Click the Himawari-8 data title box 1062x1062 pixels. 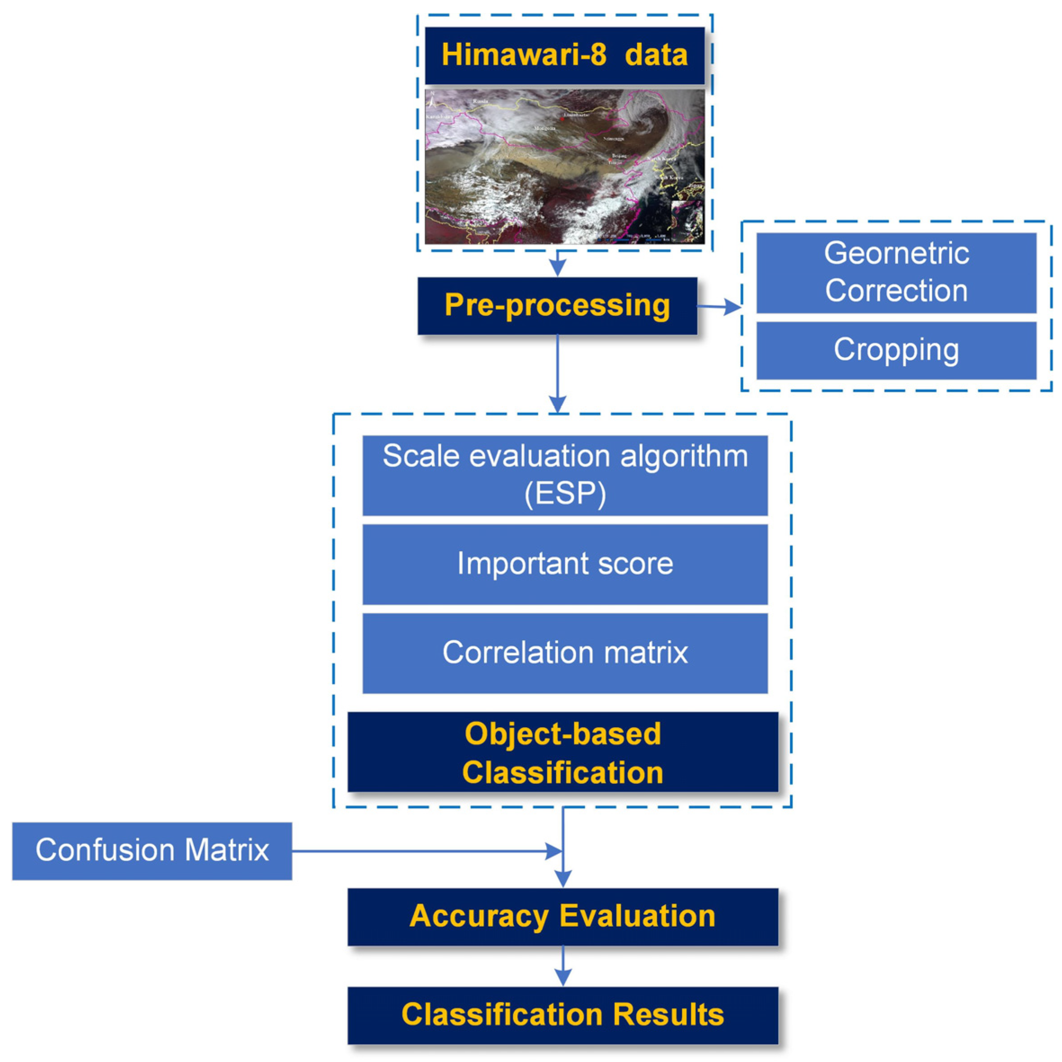pos(565,55)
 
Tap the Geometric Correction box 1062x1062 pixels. pos(896,273)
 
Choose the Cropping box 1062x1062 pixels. pos(896,350)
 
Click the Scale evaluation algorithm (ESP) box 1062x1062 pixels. pos(565,475)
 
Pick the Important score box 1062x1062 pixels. pos(565,564)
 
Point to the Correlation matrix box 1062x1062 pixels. pos(565,653)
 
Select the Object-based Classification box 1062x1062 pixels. pos(563,752)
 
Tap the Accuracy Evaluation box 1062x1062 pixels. pos(563,916)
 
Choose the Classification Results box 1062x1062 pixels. pos(563,1015)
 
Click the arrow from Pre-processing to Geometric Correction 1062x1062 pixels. pos(720,307)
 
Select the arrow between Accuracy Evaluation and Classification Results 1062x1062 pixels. pos(563,966)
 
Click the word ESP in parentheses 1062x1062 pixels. pos(565,493)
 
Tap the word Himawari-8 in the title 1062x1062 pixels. pos(524,55)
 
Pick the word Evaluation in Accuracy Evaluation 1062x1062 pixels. pos(638,916)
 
